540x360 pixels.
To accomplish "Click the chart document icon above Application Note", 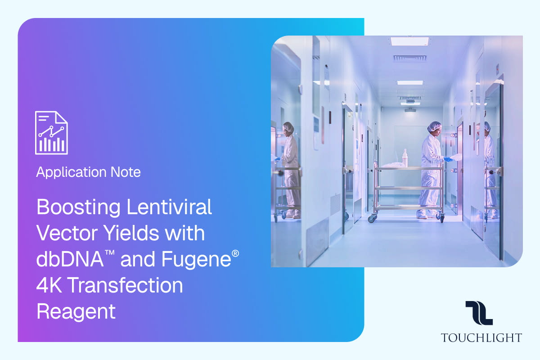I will [51, 132].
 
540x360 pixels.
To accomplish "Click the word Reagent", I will [76, 311].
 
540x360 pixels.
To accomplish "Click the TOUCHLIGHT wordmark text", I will [481, 337].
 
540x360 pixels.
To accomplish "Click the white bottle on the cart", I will [405, 157].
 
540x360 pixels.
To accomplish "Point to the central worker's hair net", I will [434, 127].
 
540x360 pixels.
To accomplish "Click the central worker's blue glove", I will [448, 159].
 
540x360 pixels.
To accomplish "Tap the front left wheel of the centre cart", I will [373, 218].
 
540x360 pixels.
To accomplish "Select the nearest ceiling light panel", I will [409, 41].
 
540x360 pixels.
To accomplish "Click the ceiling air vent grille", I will [409, 58].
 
